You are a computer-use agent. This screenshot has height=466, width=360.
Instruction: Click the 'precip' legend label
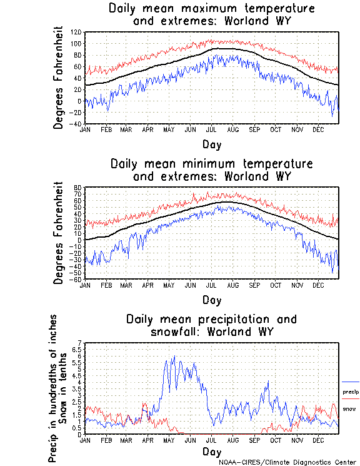(x=351, y=392)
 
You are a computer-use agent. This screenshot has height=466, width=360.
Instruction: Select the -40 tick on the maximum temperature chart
(x=76, y=124)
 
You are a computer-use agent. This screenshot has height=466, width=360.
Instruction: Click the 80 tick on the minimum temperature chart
(x=79, y=188)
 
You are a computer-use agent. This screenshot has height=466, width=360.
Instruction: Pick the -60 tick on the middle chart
(x=77, y=279)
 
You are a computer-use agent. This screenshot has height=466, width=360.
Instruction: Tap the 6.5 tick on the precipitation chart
(x=77, y=350)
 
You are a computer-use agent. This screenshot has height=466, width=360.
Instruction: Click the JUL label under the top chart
(x=212, y=129)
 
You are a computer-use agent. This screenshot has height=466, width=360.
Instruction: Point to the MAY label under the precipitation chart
(x=169, y=440)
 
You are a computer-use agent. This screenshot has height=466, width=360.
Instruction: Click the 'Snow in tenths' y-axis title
(x=64, y=388)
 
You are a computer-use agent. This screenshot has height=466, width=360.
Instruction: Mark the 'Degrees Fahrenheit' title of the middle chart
(x=58, y=233)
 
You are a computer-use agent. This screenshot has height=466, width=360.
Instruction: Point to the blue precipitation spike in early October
(x=268, y=382)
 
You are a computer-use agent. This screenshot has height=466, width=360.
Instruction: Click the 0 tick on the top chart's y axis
(x=79, y=101)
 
